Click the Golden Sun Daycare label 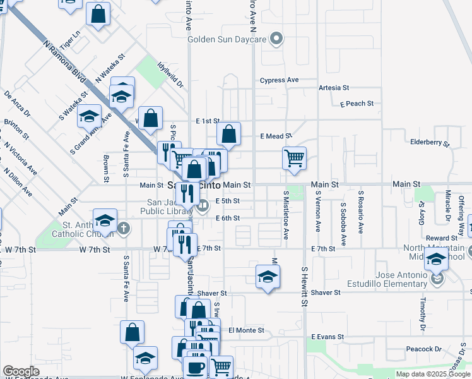click(227, 39)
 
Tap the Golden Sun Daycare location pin click(275, 39)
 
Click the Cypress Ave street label click(279, 80)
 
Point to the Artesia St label click(334, 88)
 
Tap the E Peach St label click(357, 104)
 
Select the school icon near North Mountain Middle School click(436, 258)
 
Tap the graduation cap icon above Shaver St click(268, 276)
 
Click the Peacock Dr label click(423, 349)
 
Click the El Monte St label click(246, 330)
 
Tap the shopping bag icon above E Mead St click(229, 133)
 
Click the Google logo click(21, 371)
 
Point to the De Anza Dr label click(17, 105)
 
